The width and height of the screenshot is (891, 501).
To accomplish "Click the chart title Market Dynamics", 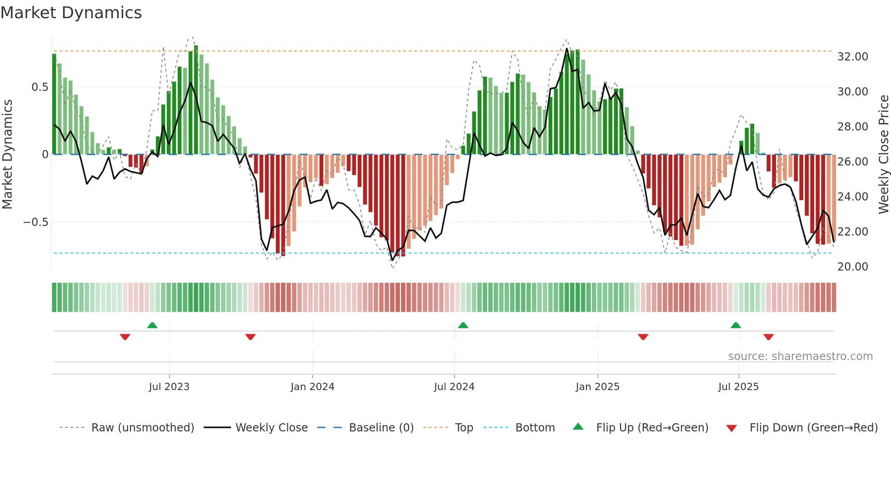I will click(x=71, y=13).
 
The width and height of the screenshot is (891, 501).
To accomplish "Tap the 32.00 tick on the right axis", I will click(x=852, y=57).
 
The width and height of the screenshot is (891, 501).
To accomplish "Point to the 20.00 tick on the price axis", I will click(x=852, y=267).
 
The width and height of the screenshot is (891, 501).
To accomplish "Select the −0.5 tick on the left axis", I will click(x=35, y=222).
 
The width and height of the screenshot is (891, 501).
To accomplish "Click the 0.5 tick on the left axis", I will click(x=40, y=87).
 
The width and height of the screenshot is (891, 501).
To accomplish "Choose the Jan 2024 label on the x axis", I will click(x=312, y=387).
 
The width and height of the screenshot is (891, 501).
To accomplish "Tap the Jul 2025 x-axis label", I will click(x=738, y=387).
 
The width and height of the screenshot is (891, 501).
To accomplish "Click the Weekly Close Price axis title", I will click(x=883, y=154).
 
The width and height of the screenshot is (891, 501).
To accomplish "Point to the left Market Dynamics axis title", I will click(x=7, y=154).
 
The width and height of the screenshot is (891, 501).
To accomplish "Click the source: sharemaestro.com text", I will click(x=800, y=356).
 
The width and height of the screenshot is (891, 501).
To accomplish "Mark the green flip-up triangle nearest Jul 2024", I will click(x=463, y=326).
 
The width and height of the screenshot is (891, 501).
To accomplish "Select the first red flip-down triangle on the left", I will click(x=125, y=337).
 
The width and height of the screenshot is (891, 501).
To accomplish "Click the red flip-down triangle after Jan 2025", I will click(x=643, y=337).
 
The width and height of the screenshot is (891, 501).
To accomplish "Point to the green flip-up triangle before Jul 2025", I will click(x=736, y=326).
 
